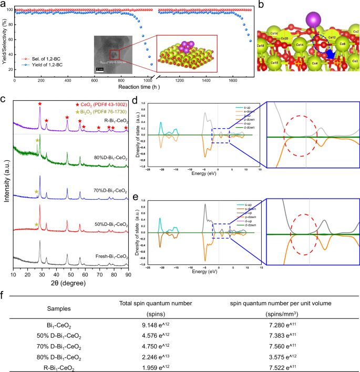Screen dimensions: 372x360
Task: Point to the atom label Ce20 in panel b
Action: pos(284,38)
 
